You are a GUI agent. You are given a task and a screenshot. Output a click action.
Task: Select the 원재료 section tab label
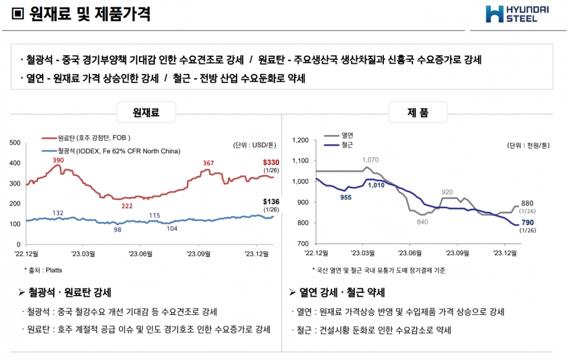(x=146, y=112)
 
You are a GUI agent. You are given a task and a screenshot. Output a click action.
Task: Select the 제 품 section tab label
(x=418, y=112)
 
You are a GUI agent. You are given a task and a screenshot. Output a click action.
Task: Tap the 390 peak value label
(x=58, y=160)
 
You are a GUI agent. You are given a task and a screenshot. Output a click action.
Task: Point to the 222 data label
(x=127, y=205)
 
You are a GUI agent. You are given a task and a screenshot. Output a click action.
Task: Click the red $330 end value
(x=271, y=162)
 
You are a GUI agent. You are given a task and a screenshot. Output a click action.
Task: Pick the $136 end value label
(x=271, y=202)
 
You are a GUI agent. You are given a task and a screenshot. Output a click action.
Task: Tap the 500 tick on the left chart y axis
(x=15, y=143)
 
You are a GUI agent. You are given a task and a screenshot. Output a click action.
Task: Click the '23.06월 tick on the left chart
(x=141, y=253)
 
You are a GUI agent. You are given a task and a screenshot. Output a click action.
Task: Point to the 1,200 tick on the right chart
(x=301, y=140)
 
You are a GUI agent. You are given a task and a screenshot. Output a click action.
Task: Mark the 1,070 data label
(x=370, y=160)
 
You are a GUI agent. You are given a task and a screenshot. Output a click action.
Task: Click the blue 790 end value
(x=528, y=222)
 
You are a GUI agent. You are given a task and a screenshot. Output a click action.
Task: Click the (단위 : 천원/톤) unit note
(x=528, y=145)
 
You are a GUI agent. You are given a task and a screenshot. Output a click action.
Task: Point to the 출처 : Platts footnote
(x=47, y=269)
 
